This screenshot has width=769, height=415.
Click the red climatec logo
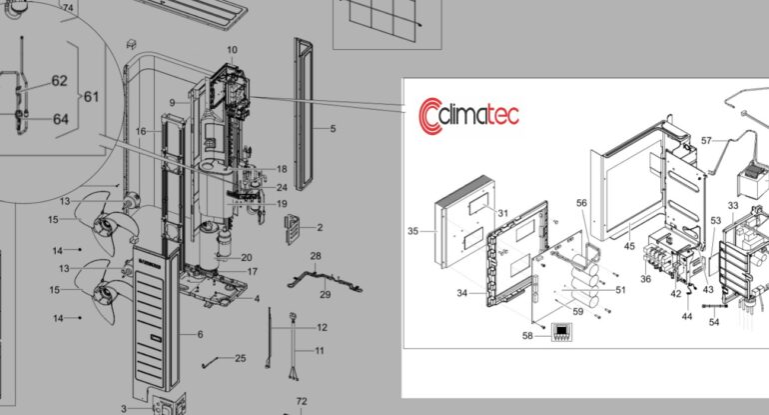[468, 116]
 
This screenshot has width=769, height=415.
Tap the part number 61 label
[91, 97]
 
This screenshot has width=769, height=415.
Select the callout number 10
[232, 50]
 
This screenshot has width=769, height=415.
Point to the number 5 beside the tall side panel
[333, 129]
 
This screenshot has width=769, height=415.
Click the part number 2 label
[320, 227]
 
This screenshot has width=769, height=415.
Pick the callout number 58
[527, 335]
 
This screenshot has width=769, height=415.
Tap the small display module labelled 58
[561, 332]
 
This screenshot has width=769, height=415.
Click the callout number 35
[412, 231]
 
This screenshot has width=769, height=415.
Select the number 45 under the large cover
[629, 246]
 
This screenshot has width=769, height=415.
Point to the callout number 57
[706, 141]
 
